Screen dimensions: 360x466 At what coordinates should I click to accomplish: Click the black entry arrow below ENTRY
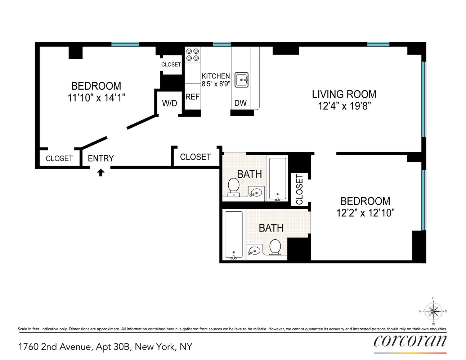coord(101,173)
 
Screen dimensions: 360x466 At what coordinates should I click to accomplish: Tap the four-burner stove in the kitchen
coord(192,55)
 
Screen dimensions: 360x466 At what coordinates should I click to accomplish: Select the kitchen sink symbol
coord(242,80)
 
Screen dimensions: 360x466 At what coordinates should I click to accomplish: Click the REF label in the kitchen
coord(192,97)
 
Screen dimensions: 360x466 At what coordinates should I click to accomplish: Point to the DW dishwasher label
coord(240,103)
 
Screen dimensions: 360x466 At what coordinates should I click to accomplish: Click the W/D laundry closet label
coord(169,104)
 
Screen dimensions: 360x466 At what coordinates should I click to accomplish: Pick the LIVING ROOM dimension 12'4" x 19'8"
coord(344,106)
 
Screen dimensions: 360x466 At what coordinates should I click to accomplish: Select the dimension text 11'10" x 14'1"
coord(96,98)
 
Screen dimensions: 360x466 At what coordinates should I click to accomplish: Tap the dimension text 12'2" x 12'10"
coord(365,213)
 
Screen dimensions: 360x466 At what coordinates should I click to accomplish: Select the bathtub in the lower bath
coord(233,235)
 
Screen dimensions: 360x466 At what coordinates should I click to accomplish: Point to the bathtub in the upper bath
coord(277,178)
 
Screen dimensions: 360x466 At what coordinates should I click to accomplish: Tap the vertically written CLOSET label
coord(299,189)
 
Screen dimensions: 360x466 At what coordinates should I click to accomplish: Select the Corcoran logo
coord(410,341)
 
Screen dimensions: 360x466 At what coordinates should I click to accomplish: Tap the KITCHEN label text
coord(215,76)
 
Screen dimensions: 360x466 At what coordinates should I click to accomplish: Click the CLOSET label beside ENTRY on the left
coord(59,158)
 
